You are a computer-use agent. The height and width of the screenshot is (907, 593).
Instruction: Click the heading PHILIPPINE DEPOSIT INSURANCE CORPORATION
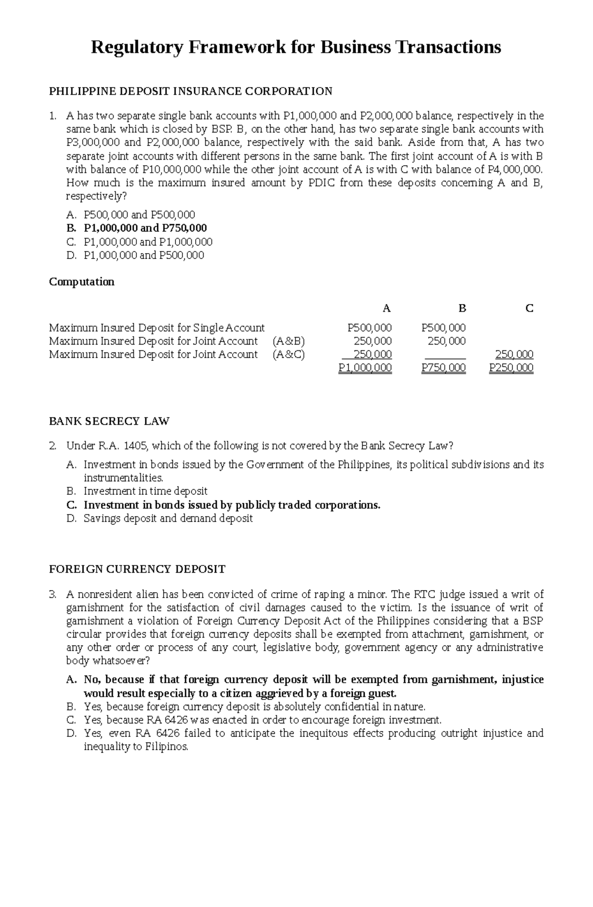(190, 91)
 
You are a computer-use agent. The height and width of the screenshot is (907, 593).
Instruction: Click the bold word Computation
(82, 282)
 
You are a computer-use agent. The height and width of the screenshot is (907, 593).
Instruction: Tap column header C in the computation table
(529, 308)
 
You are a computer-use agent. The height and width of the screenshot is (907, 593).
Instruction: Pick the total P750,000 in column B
(443, 368)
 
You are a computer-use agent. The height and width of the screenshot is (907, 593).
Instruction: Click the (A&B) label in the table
(289, 341)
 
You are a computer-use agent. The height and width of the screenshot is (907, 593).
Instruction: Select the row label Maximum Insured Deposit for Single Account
(157, 328)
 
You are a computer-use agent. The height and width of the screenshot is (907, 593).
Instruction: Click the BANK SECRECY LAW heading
(109, 422)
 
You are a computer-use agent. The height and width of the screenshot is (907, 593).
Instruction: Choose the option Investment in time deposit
(145, 491)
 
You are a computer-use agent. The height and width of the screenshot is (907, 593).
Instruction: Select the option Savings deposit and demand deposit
(168, 518)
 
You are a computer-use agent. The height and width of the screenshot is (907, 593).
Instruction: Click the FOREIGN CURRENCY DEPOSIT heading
(137, 569)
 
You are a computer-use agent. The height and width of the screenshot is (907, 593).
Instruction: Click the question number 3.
(53, 594)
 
